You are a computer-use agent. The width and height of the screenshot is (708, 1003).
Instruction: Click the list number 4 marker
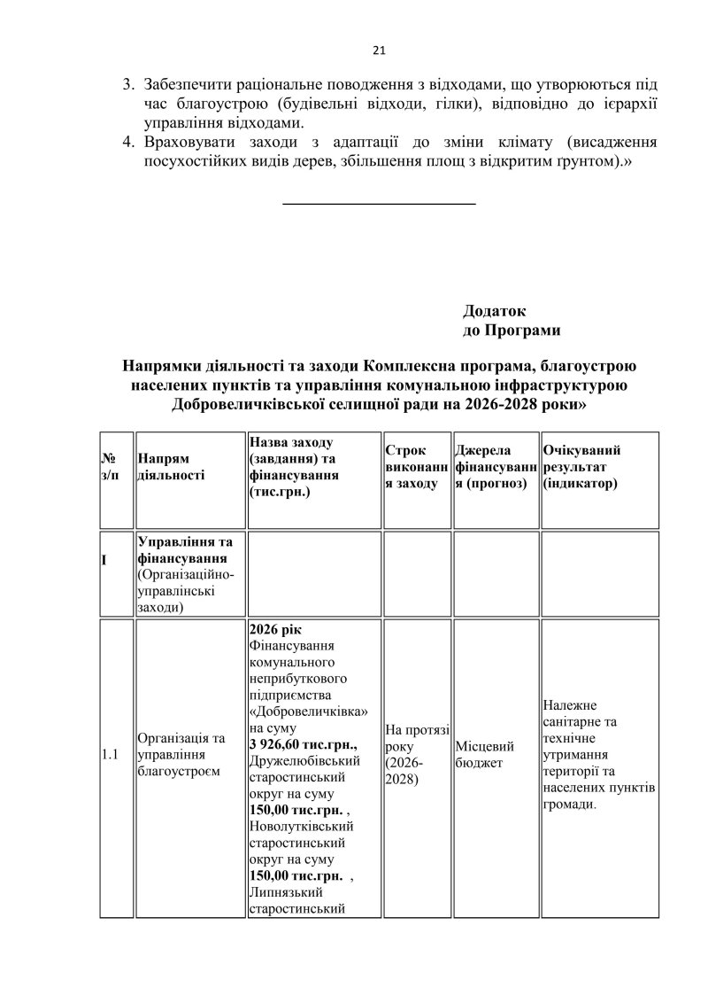tap(127, 142)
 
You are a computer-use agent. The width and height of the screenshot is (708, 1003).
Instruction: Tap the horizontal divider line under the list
tap(378, 205)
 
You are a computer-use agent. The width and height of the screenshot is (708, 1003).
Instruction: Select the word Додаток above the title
tap(494, 312)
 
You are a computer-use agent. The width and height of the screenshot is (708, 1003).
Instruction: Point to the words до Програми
tap(512, 330)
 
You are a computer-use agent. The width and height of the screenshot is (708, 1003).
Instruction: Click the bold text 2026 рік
tap(277, 627)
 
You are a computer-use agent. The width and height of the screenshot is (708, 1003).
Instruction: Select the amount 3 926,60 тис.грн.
tap(304, 741)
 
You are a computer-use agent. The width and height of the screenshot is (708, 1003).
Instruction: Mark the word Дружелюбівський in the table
tap(304, 760)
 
